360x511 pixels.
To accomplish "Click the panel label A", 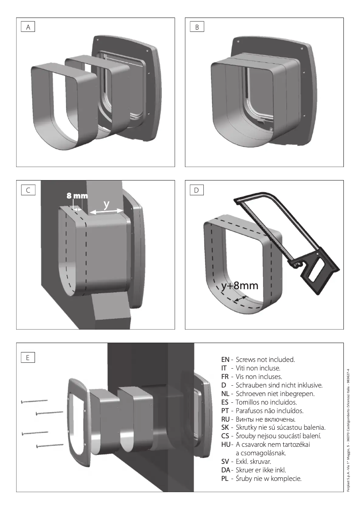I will point(28,27).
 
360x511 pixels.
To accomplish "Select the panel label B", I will point(197,27).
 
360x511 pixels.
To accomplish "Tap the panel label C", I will point(28,190).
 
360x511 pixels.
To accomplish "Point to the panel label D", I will point(197,190).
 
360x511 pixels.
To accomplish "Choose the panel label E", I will point(28,357).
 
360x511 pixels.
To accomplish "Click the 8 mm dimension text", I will point(77,196).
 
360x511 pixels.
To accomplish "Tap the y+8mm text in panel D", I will point(240,286).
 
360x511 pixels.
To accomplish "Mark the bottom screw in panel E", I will point(49,445).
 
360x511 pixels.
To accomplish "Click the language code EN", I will point(225,360).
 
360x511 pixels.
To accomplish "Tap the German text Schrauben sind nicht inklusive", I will point(279,385).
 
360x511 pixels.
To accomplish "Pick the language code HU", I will point(226,445).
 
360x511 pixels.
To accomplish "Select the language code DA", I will point(226,470).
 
